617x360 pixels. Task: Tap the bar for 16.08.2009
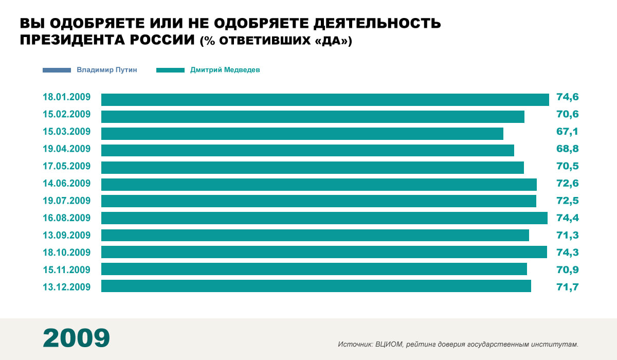pyautogui.click(x=324, y=218)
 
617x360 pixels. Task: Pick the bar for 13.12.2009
pyautogui.click(x=316, y=286)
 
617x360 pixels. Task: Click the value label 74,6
pyautogui.click(x=568, y=97)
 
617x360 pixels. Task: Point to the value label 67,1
pyautogui.click(x=567, y=132)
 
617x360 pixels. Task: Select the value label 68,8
pyautogui.click(x=568, y=149)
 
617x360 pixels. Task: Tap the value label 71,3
pyautogui.click(x=568, y=235)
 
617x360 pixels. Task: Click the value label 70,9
pyautogui.click(x=568, y=269)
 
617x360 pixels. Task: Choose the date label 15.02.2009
pyautogui.click(x=67, y=114)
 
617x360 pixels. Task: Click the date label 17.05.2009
pyautogui.click(x=67, y=166)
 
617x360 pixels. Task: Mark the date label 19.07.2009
pyautogui.click(x=67, y=201)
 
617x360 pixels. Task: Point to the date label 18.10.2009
pyautogui.click(x=67, y=253)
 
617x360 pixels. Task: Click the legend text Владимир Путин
pyautogui.click(x=107, y=69)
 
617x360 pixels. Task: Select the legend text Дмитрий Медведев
pyautogui.click(x=225, y=69)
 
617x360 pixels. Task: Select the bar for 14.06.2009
pyautogui.click(x=319, y=184)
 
